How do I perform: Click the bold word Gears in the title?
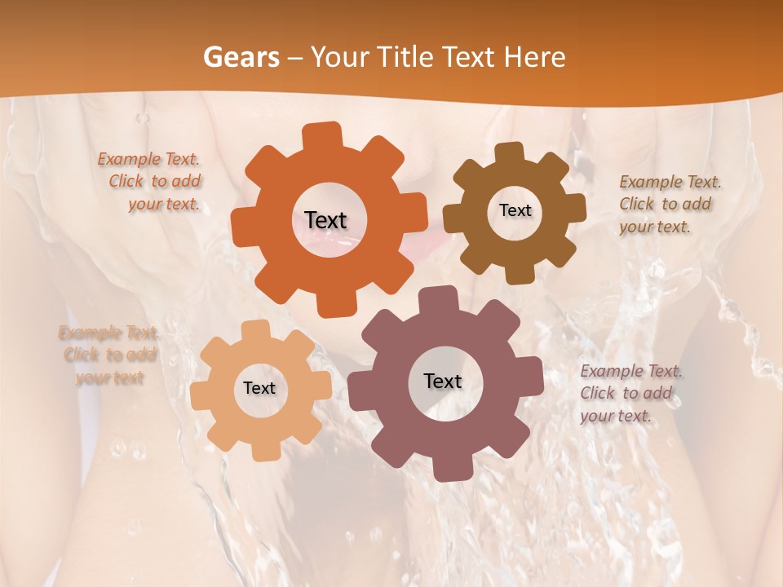pos(241,57)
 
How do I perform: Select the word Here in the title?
pos(534,57)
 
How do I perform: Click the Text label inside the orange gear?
pos(325,220)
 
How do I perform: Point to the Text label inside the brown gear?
pos(515,210)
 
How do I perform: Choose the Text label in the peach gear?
pos(259,388)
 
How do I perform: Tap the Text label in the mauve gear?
pos(443,381)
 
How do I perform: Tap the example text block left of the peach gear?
pos(109,355)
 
